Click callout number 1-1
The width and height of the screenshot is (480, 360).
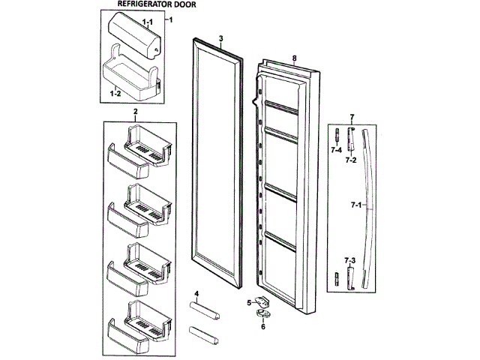[148, 22]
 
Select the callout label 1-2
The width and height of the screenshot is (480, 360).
[115, 94]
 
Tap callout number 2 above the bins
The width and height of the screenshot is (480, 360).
[135, 112]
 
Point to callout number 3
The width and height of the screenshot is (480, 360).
[221, 37]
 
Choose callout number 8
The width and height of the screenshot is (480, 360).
[295, 58]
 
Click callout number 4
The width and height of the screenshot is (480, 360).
[196, 292]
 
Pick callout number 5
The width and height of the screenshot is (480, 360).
[248, 302]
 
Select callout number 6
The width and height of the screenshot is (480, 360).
[262, 327]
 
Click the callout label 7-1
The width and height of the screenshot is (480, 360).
[354, 204]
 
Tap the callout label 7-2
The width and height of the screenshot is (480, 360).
[350, 160]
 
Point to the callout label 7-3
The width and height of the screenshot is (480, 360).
[349, 259]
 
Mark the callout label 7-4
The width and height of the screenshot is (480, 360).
[337, 150]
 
